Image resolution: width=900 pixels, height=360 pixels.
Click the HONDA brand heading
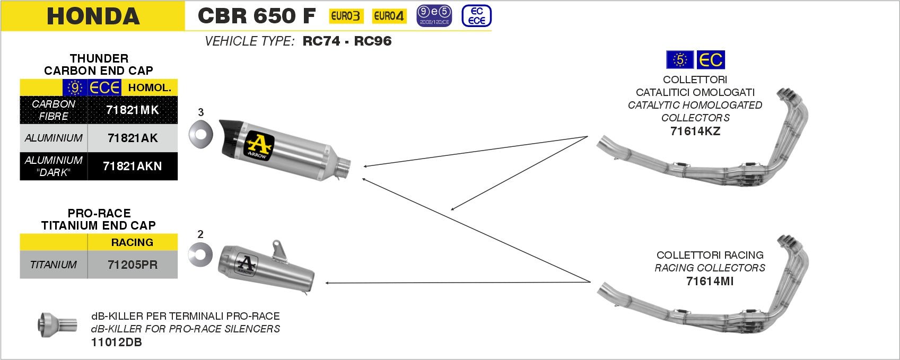pyautogui.click(x=93, y=16)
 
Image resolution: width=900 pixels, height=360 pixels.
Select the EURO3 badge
pyautogui.click(x=346, y=16)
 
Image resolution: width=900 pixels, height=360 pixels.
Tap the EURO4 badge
pyautogui.click(x=389, y=16)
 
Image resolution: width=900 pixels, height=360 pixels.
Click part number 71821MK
pyautogui.click(x=133, y=110)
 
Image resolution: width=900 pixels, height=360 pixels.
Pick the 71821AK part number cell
pyautogui.click(x=133, y=138)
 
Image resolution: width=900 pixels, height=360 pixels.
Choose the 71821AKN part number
pyautogui.click(x=133, y=166)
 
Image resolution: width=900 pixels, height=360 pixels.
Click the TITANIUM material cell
pyautogui.click(x=53, y=265)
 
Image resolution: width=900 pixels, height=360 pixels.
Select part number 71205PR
pyautogui.click(x=133, y=265)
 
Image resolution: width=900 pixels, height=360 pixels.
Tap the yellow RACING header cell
pyautogui.click(x=132, y=242)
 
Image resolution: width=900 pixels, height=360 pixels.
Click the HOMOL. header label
pyautogui.click(x=150, y=87)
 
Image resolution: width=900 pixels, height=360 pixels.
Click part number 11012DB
pyautogui.click(x=117, y=343)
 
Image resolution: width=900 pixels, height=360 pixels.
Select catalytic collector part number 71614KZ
pyautogui.click(x=695, y=131)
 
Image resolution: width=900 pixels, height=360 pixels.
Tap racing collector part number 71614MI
pyautogui.click(x=710, y=282)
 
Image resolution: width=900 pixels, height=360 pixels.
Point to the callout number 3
pyautogui.click(x=200, y=112)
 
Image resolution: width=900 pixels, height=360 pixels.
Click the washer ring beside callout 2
pyautogui.click(x=200, y=255)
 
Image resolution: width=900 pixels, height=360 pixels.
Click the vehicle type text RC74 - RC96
pyautogui.click(x=347, y=41)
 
